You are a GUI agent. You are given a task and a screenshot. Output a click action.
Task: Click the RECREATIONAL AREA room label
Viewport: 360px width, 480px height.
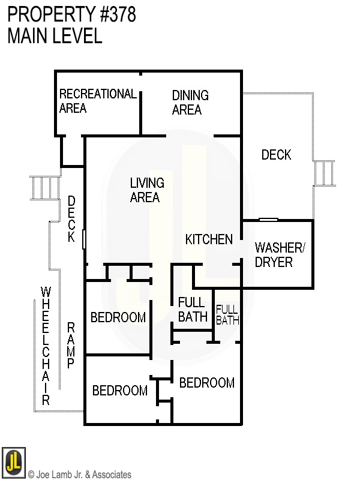[x=98, y=101]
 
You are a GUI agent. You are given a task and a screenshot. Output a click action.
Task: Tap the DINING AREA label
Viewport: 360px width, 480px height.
[x=190, y=103]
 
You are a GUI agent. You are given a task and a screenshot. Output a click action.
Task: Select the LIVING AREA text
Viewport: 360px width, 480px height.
[x=147, y=190]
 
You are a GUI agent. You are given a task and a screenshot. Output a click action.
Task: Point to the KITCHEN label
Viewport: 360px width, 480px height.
[x=208, y=240]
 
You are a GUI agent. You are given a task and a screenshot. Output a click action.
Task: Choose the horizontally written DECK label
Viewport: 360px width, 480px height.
[x=276, y=155]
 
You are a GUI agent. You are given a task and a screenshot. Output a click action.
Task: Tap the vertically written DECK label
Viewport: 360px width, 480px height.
[x=71, y=219]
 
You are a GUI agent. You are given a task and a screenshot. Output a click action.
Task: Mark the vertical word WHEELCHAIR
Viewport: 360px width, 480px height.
[x=46, y=346]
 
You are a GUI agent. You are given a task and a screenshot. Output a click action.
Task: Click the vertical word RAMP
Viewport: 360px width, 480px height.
[x=71, y=346]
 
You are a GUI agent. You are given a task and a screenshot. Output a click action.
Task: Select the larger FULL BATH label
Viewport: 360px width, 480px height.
[x=192, y=310]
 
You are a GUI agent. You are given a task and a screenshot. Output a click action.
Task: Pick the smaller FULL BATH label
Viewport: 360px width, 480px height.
[x=227, y=314]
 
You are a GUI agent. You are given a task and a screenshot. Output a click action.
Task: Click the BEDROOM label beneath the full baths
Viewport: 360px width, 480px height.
[x=206, y=383]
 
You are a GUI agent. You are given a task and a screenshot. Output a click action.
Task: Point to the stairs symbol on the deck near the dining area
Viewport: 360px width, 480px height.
[x=323, y=173]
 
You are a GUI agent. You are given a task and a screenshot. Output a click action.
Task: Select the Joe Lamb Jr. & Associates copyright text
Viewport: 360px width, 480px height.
[x=79, y=475]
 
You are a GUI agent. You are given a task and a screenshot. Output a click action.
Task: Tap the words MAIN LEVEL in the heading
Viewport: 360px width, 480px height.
[x=55, y=37]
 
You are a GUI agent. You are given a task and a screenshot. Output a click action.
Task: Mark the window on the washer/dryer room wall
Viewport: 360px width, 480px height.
[x=268, y=220]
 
